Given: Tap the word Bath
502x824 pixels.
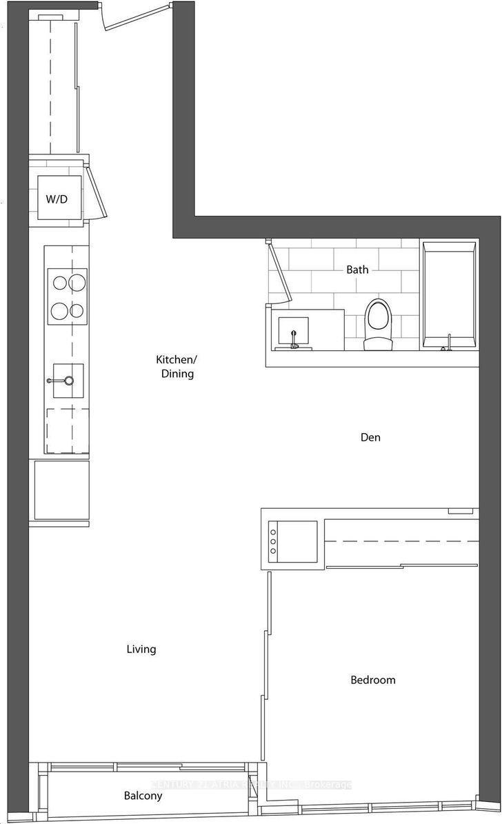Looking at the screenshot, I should point(357,270).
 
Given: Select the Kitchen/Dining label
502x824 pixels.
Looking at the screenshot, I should point(175,367).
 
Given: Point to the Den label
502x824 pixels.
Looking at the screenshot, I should point(370,437).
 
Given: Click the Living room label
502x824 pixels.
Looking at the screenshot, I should point(141,649).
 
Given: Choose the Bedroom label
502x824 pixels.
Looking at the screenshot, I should point(373,680).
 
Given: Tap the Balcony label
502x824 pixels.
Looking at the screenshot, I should point(143,796).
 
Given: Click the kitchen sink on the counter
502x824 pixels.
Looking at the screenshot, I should point(67,381).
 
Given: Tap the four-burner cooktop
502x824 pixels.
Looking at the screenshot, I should point(67,296).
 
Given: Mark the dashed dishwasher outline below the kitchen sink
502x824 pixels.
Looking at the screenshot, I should point(67,430).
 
